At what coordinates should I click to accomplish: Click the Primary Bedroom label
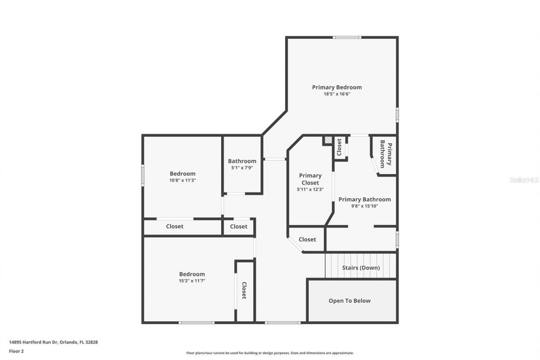coord(337,87)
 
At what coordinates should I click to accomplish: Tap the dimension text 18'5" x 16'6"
coord(337,94)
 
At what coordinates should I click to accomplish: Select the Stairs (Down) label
coord(360,268)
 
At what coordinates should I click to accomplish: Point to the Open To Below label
coord(349,301)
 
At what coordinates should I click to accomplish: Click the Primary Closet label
coord(310,179)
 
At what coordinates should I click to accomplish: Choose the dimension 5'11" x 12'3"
coord(310,189)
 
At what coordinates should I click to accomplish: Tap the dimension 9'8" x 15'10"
coord(364,206)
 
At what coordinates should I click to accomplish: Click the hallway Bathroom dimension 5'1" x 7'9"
coord(242,168)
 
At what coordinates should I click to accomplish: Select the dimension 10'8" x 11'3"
coord(183,180)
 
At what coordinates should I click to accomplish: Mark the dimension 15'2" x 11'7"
coord(192,281)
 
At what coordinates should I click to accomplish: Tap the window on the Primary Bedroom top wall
coord(347,38)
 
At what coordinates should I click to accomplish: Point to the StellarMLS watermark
coord(524,180)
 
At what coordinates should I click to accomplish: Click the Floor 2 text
coord(16,351)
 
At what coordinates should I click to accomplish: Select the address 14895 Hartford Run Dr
coord(53,342)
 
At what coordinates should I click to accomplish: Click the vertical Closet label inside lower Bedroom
coord(244,290)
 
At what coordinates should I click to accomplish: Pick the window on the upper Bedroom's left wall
coord(143,175)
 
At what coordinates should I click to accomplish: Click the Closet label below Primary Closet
coord(307,239)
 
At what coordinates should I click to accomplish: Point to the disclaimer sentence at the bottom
coord(270,353)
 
